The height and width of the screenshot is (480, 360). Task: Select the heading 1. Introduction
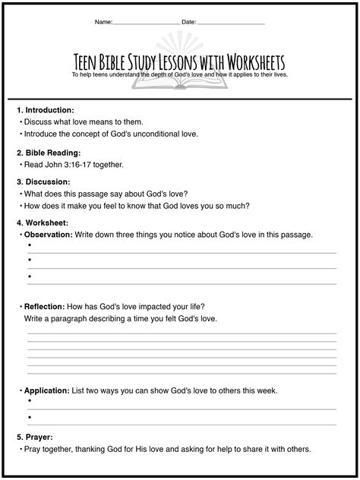click(46, 110)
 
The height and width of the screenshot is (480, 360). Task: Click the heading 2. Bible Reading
click(49, 153)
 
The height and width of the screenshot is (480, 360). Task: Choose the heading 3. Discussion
click(43, 182)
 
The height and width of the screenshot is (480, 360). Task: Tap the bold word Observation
click(49, 235)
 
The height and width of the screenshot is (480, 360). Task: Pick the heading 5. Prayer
click(37, 437)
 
